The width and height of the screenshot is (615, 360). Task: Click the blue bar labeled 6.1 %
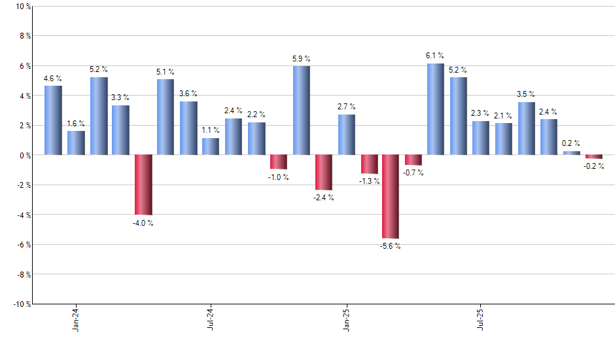click(x=435, y=109)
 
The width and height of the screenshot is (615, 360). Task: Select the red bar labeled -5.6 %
click(x=391, y=196)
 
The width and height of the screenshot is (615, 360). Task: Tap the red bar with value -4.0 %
click(x=143, y=185)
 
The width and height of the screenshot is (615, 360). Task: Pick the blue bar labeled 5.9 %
click(x=301, y=111)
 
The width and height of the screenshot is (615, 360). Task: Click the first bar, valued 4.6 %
click(x=53, y=120)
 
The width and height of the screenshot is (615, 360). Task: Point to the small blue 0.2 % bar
click(x=571, y=153)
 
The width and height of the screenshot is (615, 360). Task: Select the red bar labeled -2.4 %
click(x=323, y=172)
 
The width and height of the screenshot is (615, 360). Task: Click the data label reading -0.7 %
click(x=413, y=173)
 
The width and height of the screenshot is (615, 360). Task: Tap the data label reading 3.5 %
click(x=526, y=94)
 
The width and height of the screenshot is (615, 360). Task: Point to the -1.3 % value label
click(x=369, y=181)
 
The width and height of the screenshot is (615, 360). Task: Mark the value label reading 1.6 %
click(x=76, y=123)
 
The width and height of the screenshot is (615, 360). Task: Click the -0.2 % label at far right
click(x=594, y=166)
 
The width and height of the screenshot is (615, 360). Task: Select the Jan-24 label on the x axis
click(x=76, y=319)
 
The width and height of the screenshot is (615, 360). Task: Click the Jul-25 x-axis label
click(x=480, y=319)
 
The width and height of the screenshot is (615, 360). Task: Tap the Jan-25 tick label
click(x=345, y=319)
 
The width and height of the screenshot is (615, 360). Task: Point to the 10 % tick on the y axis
click(x=22, y=7)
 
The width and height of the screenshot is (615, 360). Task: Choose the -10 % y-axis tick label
click(x=21, y=304)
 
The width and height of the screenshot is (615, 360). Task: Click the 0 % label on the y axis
click(x=24, y=155)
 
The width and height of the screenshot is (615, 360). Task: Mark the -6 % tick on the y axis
click(x=23, y=244)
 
